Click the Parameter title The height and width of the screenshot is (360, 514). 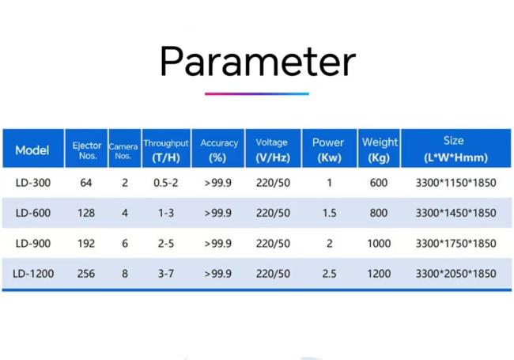tap(258, 62)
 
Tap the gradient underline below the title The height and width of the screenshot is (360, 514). tap(257, 94)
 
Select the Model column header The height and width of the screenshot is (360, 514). tap(32, 150)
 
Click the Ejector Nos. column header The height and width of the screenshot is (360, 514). tap(87, 150)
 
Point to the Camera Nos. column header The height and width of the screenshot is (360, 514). tap(123, 151)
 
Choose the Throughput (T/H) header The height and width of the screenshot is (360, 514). tap(166, 150)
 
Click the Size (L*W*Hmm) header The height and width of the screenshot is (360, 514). tap(455, 150)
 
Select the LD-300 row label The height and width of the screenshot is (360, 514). tap(33, 183)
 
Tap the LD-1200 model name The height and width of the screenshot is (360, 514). tap(33, 274)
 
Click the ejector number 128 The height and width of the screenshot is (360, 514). tap(86, 213)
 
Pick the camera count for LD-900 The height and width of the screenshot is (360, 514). tap(125, 243)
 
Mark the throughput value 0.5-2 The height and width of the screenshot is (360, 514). tap(166, 183)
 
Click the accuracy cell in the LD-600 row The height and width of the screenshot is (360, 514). tap(218, 213)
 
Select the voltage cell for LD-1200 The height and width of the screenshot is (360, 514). tap(273, 274)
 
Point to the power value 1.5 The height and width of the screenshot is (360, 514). tap(330, 213)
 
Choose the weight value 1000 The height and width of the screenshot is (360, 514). tap(379, 243)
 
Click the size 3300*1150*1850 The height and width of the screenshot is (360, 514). tap(456, 183)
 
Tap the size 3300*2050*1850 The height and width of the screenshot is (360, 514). tap(456, 274)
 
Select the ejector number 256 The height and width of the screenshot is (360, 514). tap(86, 274)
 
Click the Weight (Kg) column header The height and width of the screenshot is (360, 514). tap(380, 150)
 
